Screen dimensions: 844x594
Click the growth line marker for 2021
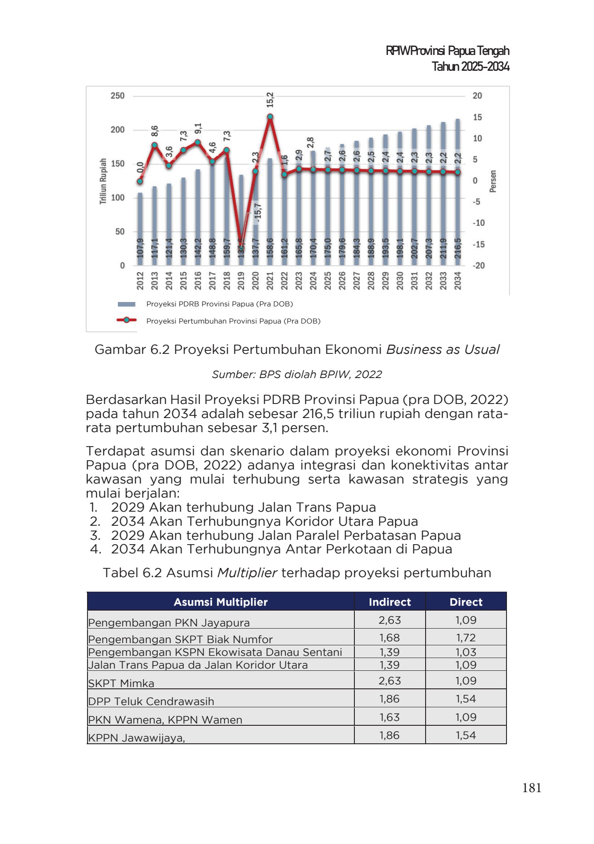coord(270,117)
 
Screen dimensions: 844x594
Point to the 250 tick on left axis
coord(117,96)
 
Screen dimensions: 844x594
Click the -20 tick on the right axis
coord(478,266)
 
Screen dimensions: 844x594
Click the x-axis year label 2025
coord(328,280)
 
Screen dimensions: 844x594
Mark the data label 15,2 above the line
coord(270,100)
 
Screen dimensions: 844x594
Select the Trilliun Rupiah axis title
coord(103,181)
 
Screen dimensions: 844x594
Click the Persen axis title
coord(493,181)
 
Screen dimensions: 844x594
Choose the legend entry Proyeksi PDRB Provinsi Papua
coord(219,304)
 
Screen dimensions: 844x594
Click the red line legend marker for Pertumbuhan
coord(127,320)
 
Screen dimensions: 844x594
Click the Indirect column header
coord(390,602)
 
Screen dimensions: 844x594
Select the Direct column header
coord(466,602)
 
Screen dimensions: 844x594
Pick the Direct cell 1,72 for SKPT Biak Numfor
coord(466,638)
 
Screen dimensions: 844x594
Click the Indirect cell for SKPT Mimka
coord(390,681)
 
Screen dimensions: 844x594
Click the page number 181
coord(531,788)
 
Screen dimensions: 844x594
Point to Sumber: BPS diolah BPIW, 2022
coord(297,375)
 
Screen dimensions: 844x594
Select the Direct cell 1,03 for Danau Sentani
coord(466,652)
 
